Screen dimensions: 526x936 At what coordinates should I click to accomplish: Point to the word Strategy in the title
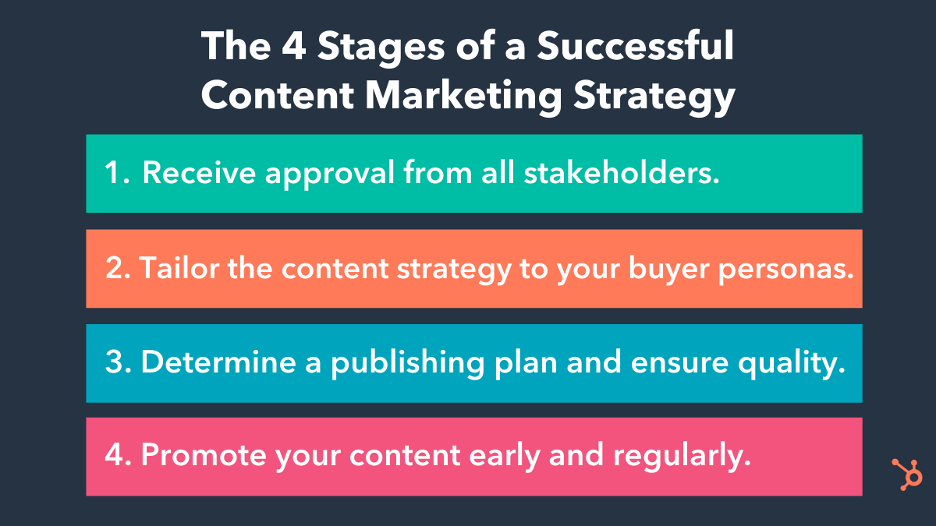[654, 97]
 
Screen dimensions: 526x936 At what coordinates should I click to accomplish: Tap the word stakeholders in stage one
[621, 174]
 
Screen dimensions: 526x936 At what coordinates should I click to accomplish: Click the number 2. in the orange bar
[119, 268]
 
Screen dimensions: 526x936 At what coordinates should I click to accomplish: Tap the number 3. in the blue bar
[119, 363]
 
